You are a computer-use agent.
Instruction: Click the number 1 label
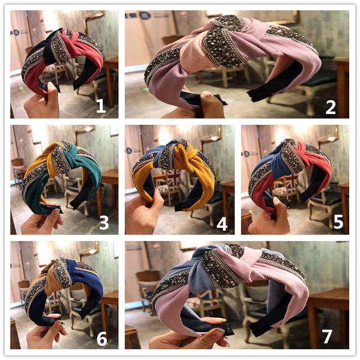point(101,106)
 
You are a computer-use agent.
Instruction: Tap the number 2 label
point(331,106)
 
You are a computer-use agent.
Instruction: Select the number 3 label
point(104,223)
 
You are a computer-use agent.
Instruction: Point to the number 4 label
point(222,223)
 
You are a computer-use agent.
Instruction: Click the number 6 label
point(102,338)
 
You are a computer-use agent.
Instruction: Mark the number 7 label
point(327,337)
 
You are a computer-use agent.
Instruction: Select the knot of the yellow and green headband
point(61,158)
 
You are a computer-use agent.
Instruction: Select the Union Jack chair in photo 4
point(172,180)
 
